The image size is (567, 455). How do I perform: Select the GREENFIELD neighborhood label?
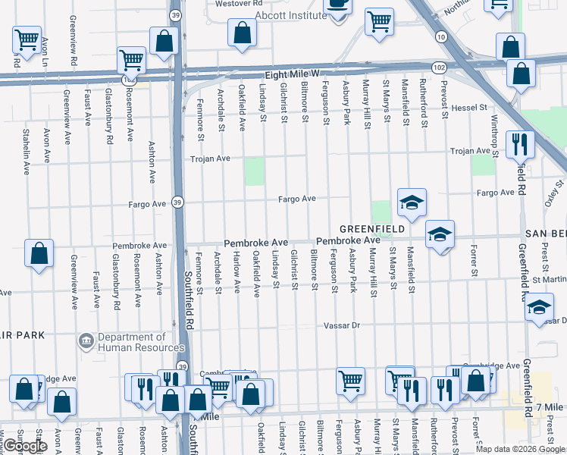(x=370, y=228)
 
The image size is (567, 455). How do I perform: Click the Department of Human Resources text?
(x=130, y=343)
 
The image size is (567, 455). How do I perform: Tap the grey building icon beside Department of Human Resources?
(x=86, y=342)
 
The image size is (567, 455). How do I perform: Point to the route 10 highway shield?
(x=440, y=36)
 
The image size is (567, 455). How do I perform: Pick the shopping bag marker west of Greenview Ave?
(x=39, y=253)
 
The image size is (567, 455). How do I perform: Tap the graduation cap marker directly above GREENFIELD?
(x=412, y=202)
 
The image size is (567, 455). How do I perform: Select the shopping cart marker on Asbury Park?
(x=350, y=380)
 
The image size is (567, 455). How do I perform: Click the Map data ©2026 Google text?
(x=520, y=448)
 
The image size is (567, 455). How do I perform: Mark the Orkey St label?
(x=559, y=193)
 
